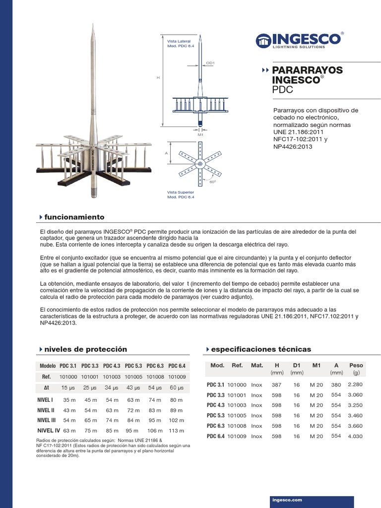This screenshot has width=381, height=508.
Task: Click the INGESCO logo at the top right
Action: [x=299, y=40]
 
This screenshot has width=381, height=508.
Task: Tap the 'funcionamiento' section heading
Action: [x=74, y=217]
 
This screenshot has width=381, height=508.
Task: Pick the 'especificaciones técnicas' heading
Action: [x=261, y=349]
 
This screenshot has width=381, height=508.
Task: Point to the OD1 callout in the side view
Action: [x=210, y=63]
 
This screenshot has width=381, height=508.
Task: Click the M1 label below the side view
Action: [x=200, y=134]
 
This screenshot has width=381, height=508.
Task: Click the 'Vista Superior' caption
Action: [x=181, y=191]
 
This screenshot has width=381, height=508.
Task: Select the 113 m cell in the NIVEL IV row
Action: [x=177, y=430]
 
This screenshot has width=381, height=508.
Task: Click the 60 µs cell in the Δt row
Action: [x=177, y=387]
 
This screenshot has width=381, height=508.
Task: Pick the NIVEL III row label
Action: [x=46, y=420]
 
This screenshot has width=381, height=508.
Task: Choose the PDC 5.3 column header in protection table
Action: [x=133, y=366]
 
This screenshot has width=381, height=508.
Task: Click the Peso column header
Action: [x=356, y=365]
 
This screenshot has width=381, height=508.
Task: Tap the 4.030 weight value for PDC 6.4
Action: [x=356, y=436]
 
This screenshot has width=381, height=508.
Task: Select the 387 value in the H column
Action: [x=277, y=384]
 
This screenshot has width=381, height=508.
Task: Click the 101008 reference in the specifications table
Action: [x=237, y=426]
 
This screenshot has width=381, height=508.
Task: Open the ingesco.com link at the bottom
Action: [x=287, y=500]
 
